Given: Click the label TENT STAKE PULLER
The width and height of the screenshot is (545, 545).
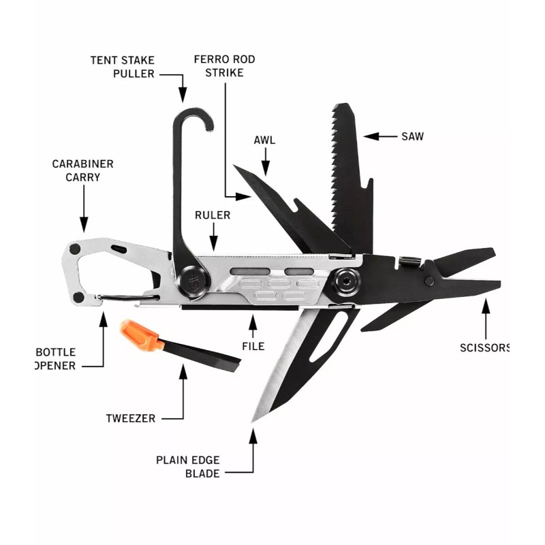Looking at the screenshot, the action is point(123,66).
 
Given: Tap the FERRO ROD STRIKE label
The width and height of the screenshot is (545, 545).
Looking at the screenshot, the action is point(224,66).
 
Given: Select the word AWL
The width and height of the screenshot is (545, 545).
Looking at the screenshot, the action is point(264,140).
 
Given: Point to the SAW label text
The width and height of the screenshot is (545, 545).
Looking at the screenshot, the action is point(411,136).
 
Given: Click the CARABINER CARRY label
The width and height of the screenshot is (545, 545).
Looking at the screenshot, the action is point(83,170).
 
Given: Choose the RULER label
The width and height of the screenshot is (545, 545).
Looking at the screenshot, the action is point(213,215).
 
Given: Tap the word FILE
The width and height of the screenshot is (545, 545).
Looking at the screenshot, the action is point(253,346).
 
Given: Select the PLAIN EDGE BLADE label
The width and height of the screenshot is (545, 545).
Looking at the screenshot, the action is point(188,466).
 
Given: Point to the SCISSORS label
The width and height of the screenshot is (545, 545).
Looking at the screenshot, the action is point(484,347).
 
